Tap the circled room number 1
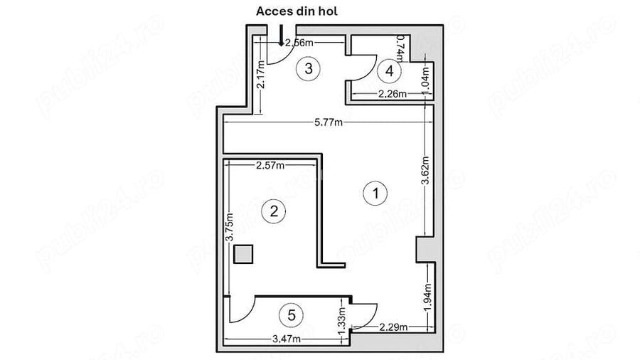click(x=375, y=191)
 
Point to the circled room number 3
click(x=308, y=68)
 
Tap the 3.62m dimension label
click(x=425, y=171)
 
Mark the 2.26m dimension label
click(x=392, y=94)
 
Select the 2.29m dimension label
click(x=393, y=327)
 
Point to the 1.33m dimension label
click(x=342, y=322)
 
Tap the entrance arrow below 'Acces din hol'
click(x=282, y=36)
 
